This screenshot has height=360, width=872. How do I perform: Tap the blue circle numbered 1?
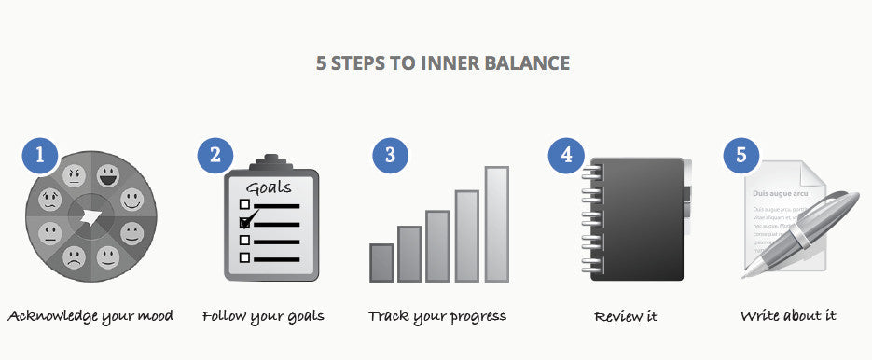[x=39, y=155]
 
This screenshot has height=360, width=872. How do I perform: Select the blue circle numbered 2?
[x=215, y=155]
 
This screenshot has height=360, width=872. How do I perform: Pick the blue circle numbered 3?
[x=390, y=155]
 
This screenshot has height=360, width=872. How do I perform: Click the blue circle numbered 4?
[x=566, y=155]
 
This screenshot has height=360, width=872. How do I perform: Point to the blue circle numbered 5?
[x=741, y=155]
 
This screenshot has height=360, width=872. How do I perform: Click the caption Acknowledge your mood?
[x=90, y=316]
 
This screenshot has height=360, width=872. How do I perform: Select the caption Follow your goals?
[x=263, y=316]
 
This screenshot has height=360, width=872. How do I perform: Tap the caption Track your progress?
[x=437, y=316]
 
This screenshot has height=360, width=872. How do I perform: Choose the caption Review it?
[x=626, y=317]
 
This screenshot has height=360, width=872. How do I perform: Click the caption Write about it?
[x=788, y=316]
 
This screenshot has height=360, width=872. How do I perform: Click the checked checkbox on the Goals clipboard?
[x=246, y=222]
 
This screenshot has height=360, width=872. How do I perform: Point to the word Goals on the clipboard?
[x=269, y=187]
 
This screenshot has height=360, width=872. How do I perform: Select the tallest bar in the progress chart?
[x=496, y=224]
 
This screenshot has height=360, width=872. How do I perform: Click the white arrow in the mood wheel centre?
[x=92, y=218]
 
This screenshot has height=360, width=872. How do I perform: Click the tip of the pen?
[x=746, y=276]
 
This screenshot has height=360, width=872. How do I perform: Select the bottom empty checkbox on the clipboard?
[x=245, y=258]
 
